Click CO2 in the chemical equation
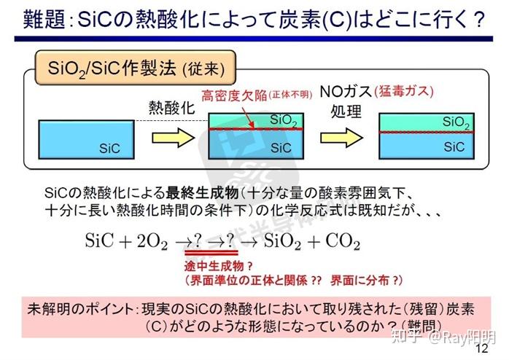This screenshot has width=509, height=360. tap(339, 241)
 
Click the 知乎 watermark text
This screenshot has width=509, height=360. tap(404, 337)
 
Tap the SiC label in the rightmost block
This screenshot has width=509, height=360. tap(454, 146)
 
